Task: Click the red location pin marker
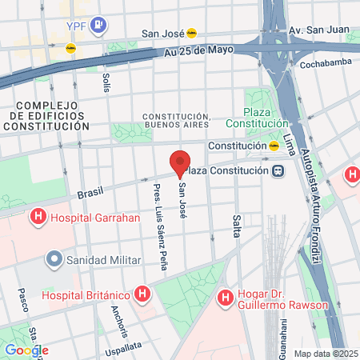pyautogui.click(x=181, y=162)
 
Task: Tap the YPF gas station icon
pyautogui.click(x=98, y=24)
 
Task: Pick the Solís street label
pyautogui.click(x=106, y=82)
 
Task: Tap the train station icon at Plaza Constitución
pyautogui.click(x=277, y=170)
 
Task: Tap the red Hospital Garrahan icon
pyautogui.click(x=37, y=217)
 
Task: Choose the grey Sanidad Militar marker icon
pyautogui.click(x=54, y=259)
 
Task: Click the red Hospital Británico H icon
pyautogui.click(x=142, y=294)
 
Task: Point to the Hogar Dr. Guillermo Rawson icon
pyautogui.click(x=225, y=298)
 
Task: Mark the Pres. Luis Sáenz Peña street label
pyautogui.click(x=159, y=227)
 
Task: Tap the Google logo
pyautogui.click(x=26, y=350)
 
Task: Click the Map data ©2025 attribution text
pyautogui.click(x=326, y=354)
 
